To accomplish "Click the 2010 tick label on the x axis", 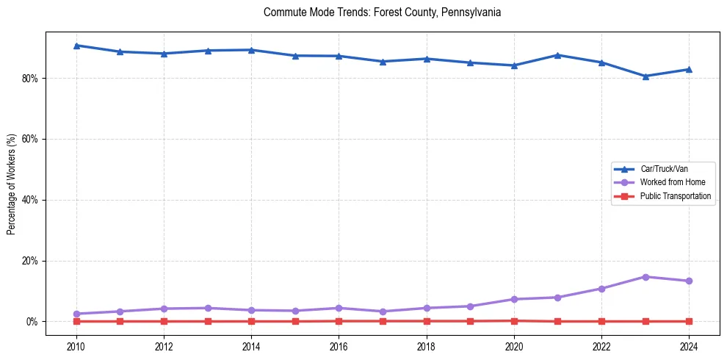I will [x=76, y=346].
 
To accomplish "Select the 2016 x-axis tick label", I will [x=339, y=346].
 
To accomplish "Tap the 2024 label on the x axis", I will [x=689, y=346].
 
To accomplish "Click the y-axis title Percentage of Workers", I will [x=12, y=184].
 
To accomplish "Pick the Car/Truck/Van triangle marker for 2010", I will [x=76, y=46].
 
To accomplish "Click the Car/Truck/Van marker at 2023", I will [x=645, y=76].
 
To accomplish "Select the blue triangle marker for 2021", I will [x=558, y=55].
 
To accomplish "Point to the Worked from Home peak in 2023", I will [x=645, y=277].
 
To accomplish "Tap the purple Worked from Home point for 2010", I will [x=76, y=314].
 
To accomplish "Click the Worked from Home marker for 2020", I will [x=514, y=299].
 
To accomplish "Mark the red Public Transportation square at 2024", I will [x=689, y=321].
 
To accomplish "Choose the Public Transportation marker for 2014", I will [x=251, y=321].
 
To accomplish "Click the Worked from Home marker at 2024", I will [x=689, y=281].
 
